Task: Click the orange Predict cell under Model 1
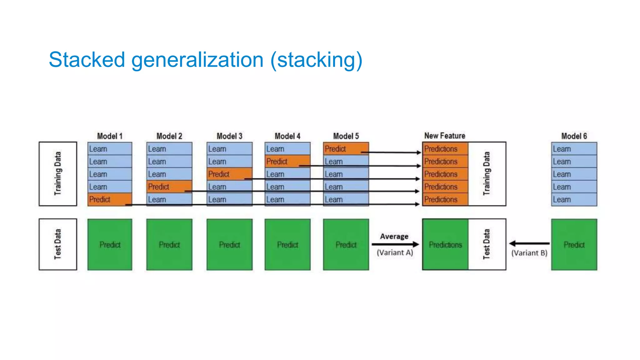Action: click(x=110, y=199)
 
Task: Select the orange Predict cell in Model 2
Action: click(x=169, y=187)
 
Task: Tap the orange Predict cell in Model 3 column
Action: click(x=229, y=174)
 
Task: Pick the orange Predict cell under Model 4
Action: click(x=287, y=161)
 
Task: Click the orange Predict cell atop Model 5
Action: click(x=346, y=148)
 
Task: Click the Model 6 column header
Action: click(x=574, y=136)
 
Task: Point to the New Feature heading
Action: click(x=444, y=136)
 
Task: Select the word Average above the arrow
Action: click(x=394, y=236)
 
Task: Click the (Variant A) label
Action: click(x=395, y=252)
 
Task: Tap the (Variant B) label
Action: click(x=529, y=253)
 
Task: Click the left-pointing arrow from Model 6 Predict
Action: click(x=529, y=243)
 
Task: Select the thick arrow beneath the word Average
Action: click(x=395, y=244)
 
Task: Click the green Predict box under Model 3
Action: click(x=229, y=244)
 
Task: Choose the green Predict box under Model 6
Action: click(x=574, y=244)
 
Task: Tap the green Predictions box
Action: click(x=445, y=244)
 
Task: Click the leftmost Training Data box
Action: click(x=58, y=174)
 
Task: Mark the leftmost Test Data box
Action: click(x=58, y=244)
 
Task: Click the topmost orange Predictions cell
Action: click(x=445, y=149)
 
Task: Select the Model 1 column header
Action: click(x=110, y=136)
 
